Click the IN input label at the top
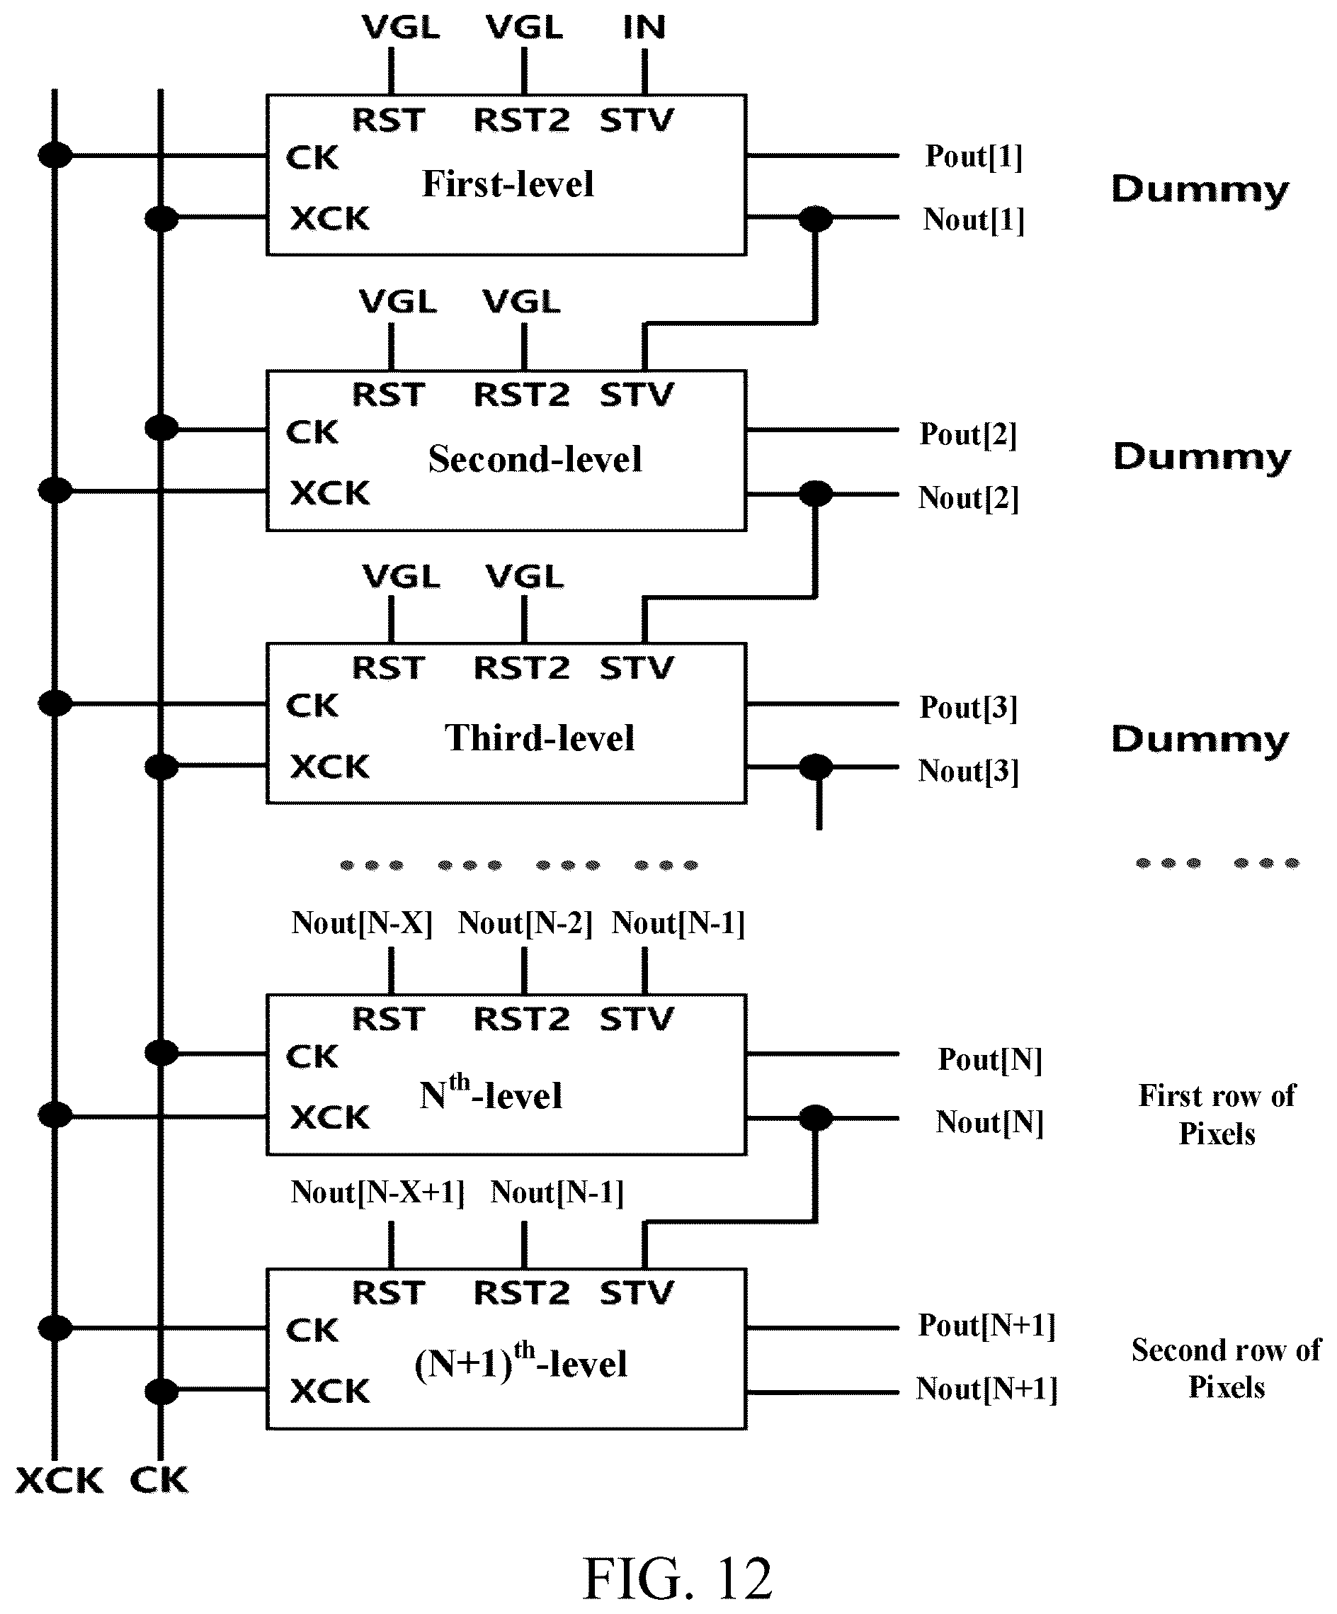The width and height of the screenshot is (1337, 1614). (644, 28)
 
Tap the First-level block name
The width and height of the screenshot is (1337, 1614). (508, 184)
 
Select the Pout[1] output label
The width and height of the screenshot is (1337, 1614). (974, 156)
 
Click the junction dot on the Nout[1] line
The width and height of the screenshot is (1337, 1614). (815, 219)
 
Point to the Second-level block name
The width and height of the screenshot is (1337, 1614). (535, 459)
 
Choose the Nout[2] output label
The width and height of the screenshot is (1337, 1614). (968, 498)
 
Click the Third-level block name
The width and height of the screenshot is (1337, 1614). (540, 738)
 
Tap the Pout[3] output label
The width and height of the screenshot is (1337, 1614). (968, 707)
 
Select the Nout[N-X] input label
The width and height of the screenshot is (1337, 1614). (362, 923)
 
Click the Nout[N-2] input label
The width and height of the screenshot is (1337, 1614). (525, 923)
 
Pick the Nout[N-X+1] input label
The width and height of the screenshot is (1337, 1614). (377, 1192)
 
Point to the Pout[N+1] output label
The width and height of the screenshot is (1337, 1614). (986, 1325)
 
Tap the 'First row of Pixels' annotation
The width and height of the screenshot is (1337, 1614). (1217, 1114)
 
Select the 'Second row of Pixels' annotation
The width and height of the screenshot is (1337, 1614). (1227, 1368)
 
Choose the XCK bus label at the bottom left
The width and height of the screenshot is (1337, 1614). (59, 1480)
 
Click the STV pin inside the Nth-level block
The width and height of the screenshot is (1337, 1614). (636, 1019)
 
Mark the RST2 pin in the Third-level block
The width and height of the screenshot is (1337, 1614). (521, 668)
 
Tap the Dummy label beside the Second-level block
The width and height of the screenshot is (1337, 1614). (1202, 457)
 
